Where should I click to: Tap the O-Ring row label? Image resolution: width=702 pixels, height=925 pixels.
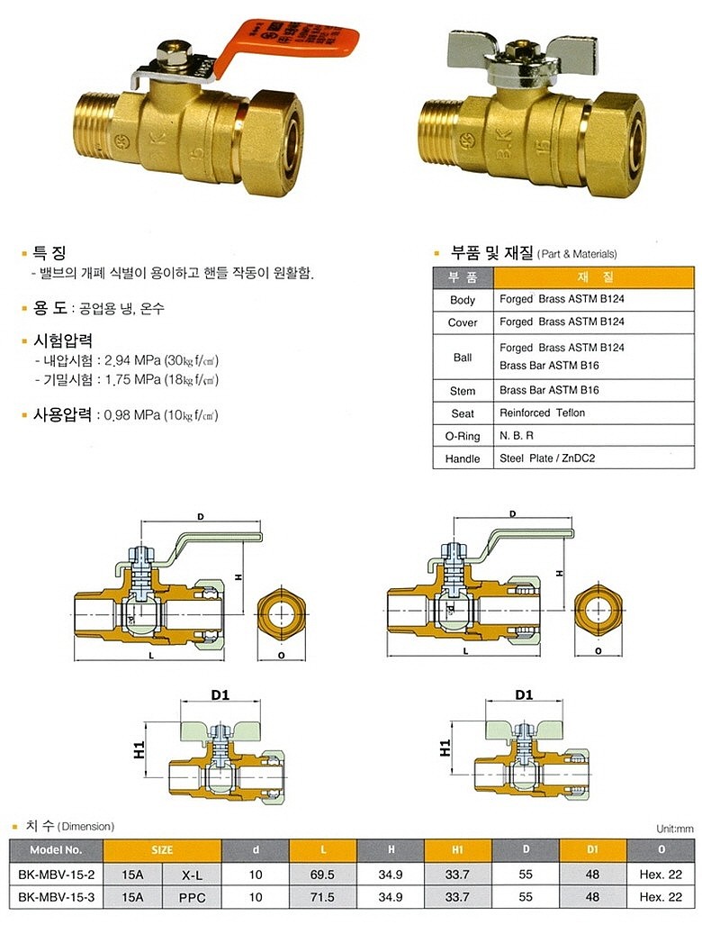pyautogui.click(x=463, y=436)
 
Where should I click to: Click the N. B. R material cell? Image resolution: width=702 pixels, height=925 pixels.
pyautogui.click(x=517, y=436)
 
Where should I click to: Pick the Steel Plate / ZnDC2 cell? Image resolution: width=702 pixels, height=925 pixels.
pyautogui.click(x=547, y=458)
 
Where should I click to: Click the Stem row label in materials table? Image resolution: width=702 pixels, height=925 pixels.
pyautogui.click(x=463, y=391)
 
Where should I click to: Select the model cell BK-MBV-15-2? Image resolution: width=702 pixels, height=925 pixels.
pyautogui.click(x=56, y=873)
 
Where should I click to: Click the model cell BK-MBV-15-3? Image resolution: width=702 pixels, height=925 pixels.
pyautogui.click(x=56, y=896)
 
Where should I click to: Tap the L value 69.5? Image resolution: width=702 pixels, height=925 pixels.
pyautogui.click(x=323, y=873)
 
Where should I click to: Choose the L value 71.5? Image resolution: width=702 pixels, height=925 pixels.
pyautogui.click(x=323, y=896)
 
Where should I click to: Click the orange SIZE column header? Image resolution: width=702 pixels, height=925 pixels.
pyautogui.click(x=162, y=849)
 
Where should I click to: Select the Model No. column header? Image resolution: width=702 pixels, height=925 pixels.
pyautogui.click(x=56, y=849)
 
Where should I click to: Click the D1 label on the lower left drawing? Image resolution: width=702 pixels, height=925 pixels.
pyautogui.click(x=219, y=694)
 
